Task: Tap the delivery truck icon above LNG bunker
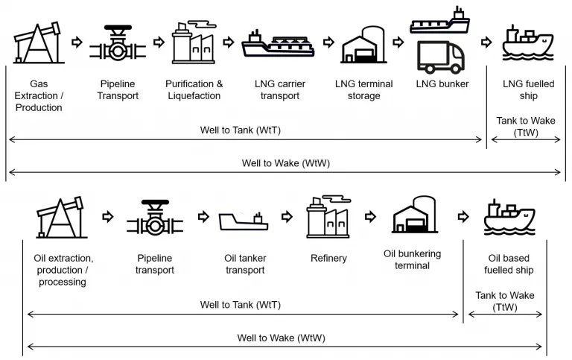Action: [x=441, y=57]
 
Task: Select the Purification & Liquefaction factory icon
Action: [x=194, y=42]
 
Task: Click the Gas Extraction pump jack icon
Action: [x=38, y=42]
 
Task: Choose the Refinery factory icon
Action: [x=328, y=216]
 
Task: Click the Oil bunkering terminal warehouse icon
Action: [x=414, y=215]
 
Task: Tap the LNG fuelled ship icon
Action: [x=528, y=42]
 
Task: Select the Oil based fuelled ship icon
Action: [x=509, y=217]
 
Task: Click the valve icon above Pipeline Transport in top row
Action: [x=118, y=42]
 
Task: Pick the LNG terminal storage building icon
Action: [x=363, y=45]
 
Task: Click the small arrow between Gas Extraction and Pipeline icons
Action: [x=77, y=42]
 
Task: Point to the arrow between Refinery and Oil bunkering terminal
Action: [x=370, y=216]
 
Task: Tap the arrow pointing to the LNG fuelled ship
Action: [x=486, y=42]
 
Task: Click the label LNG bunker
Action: [x=442, y=84]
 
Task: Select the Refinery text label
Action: [x=328, y=258]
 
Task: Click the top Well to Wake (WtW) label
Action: [x=286, y=163]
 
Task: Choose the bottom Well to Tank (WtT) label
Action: [x=241, y=305]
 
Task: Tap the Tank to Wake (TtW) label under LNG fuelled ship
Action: [x=526, y=126]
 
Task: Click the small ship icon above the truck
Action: [x=439, y=20]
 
